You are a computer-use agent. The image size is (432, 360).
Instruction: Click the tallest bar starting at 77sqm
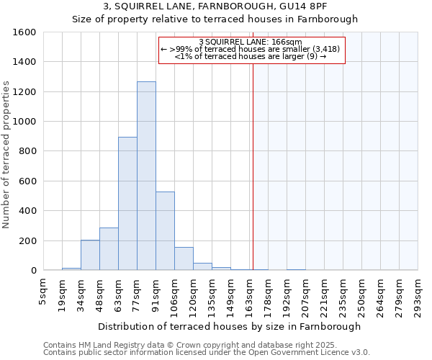[x=146, y=176]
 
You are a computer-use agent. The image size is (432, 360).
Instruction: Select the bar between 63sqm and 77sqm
[x=127, y=204]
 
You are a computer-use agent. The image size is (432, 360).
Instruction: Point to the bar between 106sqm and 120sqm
[x=184, y=258]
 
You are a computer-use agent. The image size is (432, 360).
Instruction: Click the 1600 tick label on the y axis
[x=24, y=32]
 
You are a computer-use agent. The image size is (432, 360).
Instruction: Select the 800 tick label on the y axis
[x=27, y=151]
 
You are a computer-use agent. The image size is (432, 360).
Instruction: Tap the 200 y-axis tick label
[x=27, y=240]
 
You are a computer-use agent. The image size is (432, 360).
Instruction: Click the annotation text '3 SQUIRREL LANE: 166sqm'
[x=250, y=42]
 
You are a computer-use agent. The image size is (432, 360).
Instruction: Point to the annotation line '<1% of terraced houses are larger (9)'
[x=251, y=56]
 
